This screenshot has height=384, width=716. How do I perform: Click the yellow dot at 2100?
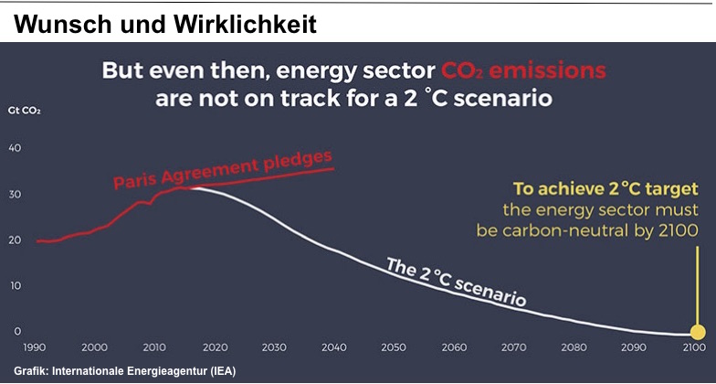pyautogui.click(x=698, y=333)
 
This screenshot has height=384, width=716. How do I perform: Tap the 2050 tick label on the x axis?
pyautogui.click(x=393, y=347)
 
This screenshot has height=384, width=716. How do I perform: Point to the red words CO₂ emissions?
pyautogui.click(x=523, y=71)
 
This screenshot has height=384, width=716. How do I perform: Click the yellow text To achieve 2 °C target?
pyautogui.click(x=606, y=188)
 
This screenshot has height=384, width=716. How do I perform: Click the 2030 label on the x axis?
pyautogui.click(x=274, y=347)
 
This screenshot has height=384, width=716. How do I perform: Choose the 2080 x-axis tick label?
pyautogui.click(x=572, y=347)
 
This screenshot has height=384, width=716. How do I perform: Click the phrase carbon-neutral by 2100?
pyautogui.click(x=601, y=230)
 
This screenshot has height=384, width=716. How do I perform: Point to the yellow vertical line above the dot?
pyautogui.click(x=698, y=286)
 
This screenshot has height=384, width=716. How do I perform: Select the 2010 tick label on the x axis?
pyautogui.click(x=155, y=347)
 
